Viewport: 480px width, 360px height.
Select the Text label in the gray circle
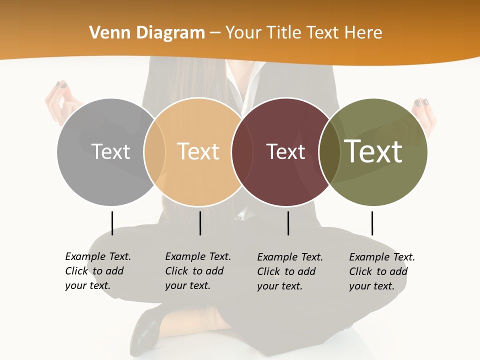(110, 151)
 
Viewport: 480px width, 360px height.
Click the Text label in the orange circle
(198, 151)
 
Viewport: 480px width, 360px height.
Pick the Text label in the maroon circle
(285, 151)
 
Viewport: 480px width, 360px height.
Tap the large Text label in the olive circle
(373, 151)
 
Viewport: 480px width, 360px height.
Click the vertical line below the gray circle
(112, 223)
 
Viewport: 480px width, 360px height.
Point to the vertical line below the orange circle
(200, 223)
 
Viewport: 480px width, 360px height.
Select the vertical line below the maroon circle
(288, 223)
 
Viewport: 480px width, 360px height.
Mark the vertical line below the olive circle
(372, 223)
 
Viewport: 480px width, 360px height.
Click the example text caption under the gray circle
(97, 271)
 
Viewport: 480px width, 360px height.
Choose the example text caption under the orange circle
(197, 271)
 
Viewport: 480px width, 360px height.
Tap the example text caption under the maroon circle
(289, 271)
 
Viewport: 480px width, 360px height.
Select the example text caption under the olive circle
(381, 271)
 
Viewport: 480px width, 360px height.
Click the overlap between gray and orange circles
(154, 151)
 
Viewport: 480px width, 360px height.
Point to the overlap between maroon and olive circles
(329, 151)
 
